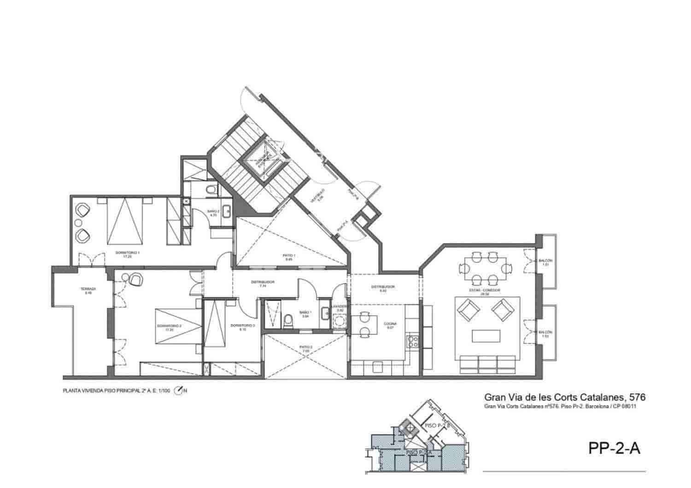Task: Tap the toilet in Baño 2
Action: click(211, 189)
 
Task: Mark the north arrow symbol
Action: click(179, 391)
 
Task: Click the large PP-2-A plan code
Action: click(614, 448)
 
